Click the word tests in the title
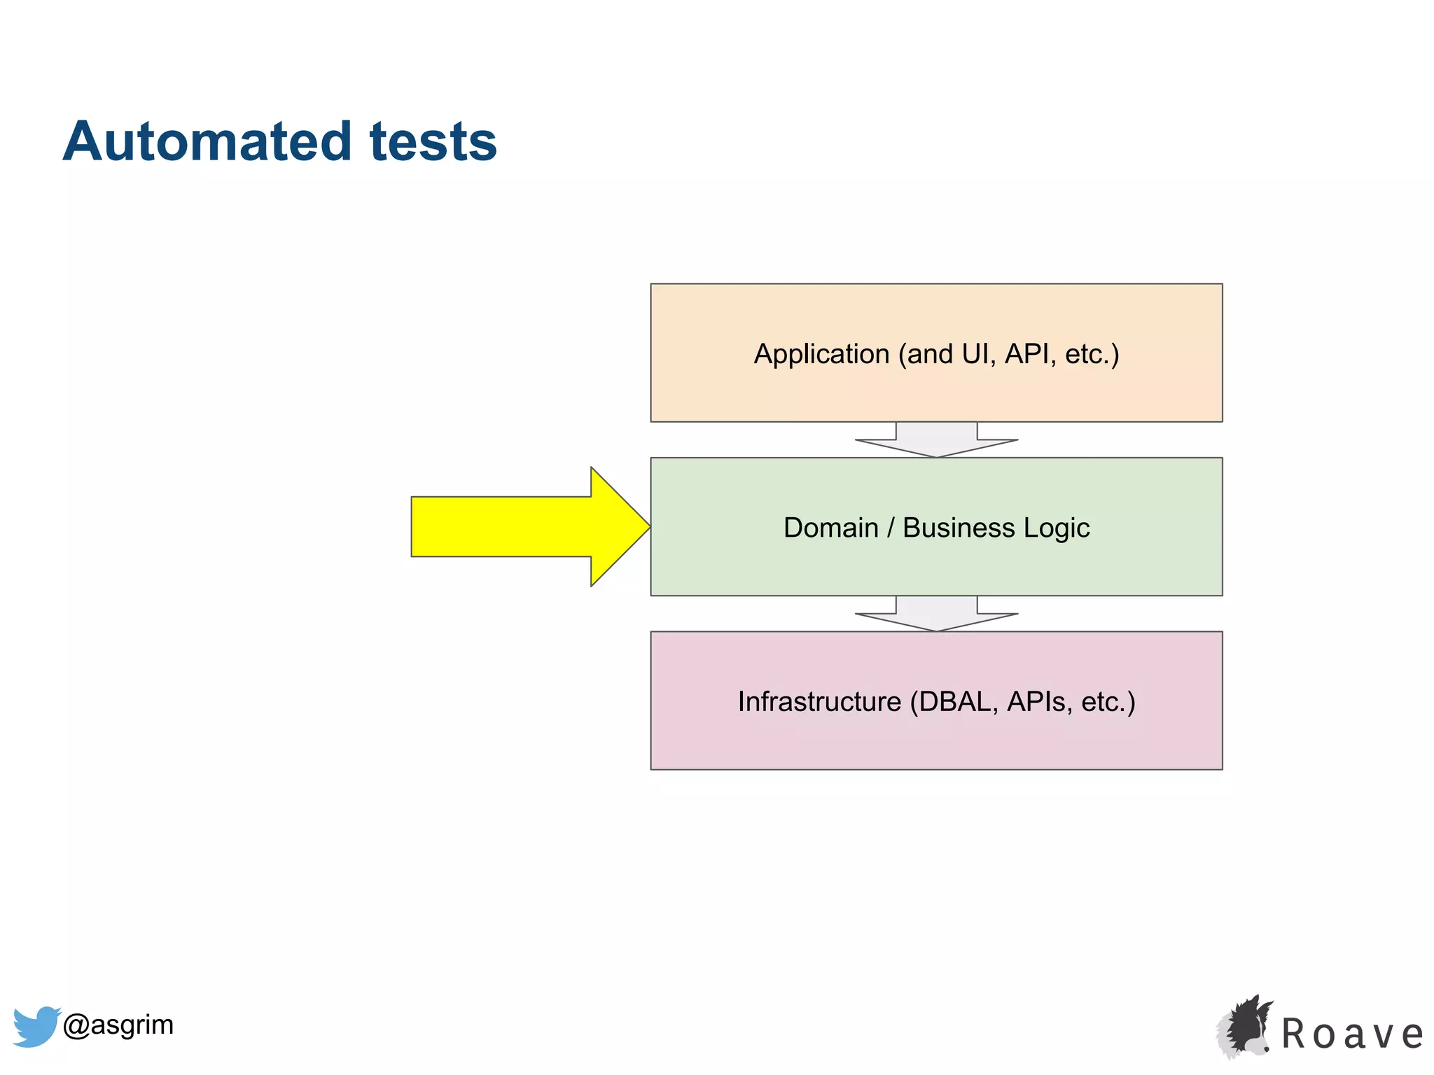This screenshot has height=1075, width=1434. [x=432, y=142]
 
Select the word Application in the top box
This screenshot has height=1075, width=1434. [x=821, y=355]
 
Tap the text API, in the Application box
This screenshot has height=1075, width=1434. [x=1029, y=354]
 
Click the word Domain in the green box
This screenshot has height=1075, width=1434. [x=830, y=528]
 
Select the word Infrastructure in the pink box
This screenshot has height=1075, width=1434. [x=819, y=702]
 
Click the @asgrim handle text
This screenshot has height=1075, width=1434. [x=118, y=1025]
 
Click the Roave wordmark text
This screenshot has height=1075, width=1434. [x=1351, y=1034]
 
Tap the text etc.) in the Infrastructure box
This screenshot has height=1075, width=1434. [x=1108, y=702]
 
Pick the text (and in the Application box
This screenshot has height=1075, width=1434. [x=925, y=355]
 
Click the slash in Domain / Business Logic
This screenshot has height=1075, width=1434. [x=890, y=528]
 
